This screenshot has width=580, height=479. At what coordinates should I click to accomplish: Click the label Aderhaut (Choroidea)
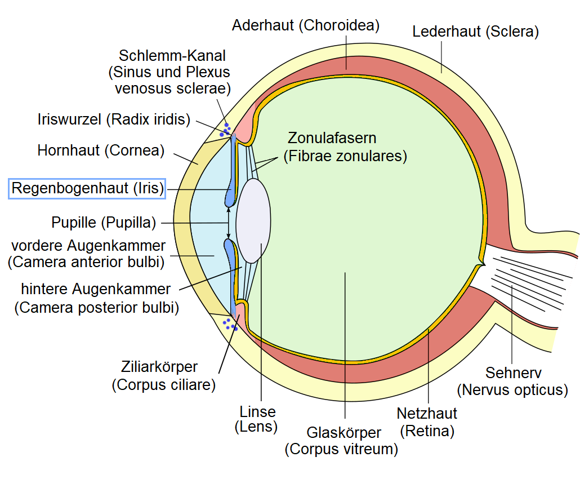(x=306, y=25)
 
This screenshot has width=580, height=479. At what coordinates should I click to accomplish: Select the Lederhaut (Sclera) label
(x=476, y=32)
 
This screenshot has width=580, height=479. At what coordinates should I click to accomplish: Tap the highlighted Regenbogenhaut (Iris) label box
(x=87, y=188)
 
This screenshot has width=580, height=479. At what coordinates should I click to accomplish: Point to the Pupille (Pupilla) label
(x=104, y=223)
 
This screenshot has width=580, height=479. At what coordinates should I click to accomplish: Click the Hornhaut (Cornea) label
(x=101, y=150)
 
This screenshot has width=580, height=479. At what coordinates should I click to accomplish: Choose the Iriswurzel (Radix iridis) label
(x=114, y=119)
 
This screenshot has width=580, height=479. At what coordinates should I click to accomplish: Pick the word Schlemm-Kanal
(x=172, y=56)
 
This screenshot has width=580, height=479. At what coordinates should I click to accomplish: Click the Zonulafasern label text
(x=332, y=138)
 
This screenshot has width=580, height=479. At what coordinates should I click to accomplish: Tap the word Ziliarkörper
(x=159, y=367)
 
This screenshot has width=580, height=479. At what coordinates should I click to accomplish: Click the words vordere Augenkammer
(x=88, y=246)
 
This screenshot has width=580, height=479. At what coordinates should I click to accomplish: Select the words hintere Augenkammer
(x=96, y=290)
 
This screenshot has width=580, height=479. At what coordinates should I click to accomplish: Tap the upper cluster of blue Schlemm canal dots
(x=226, y=130)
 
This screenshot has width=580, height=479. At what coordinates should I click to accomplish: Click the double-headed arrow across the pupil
(x=229, y=223)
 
